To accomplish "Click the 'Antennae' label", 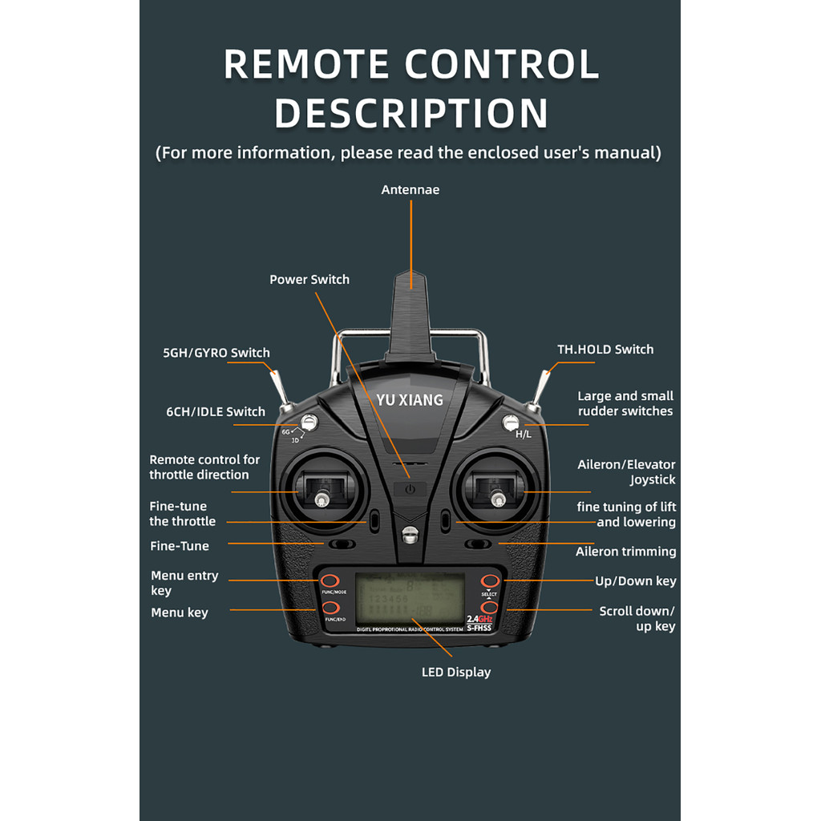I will (410, 190).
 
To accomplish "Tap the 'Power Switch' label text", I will (309, 280).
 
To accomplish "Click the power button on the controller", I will (410, 488).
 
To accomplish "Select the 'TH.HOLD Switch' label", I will (605, 350).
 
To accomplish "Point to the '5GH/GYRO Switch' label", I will (216, 353).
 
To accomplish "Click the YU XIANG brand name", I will (410, 399).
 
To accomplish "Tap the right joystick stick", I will (498, 499).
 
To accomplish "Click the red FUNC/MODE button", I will (329, 580).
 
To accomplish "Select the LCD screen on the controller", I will (410, 598).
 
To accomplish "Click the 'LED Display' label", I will (456, 672).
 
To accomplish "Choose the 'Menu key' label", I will (180, 613).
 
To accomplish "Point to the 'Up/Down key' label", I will (636, 581).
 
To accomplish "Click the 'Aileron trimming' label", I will (626, 552).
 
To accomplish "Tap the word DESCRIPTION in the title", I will (411, 114).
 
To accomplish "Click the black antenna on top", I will (410, 317).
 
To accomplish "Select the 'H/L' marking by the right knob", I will (524, 434).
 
